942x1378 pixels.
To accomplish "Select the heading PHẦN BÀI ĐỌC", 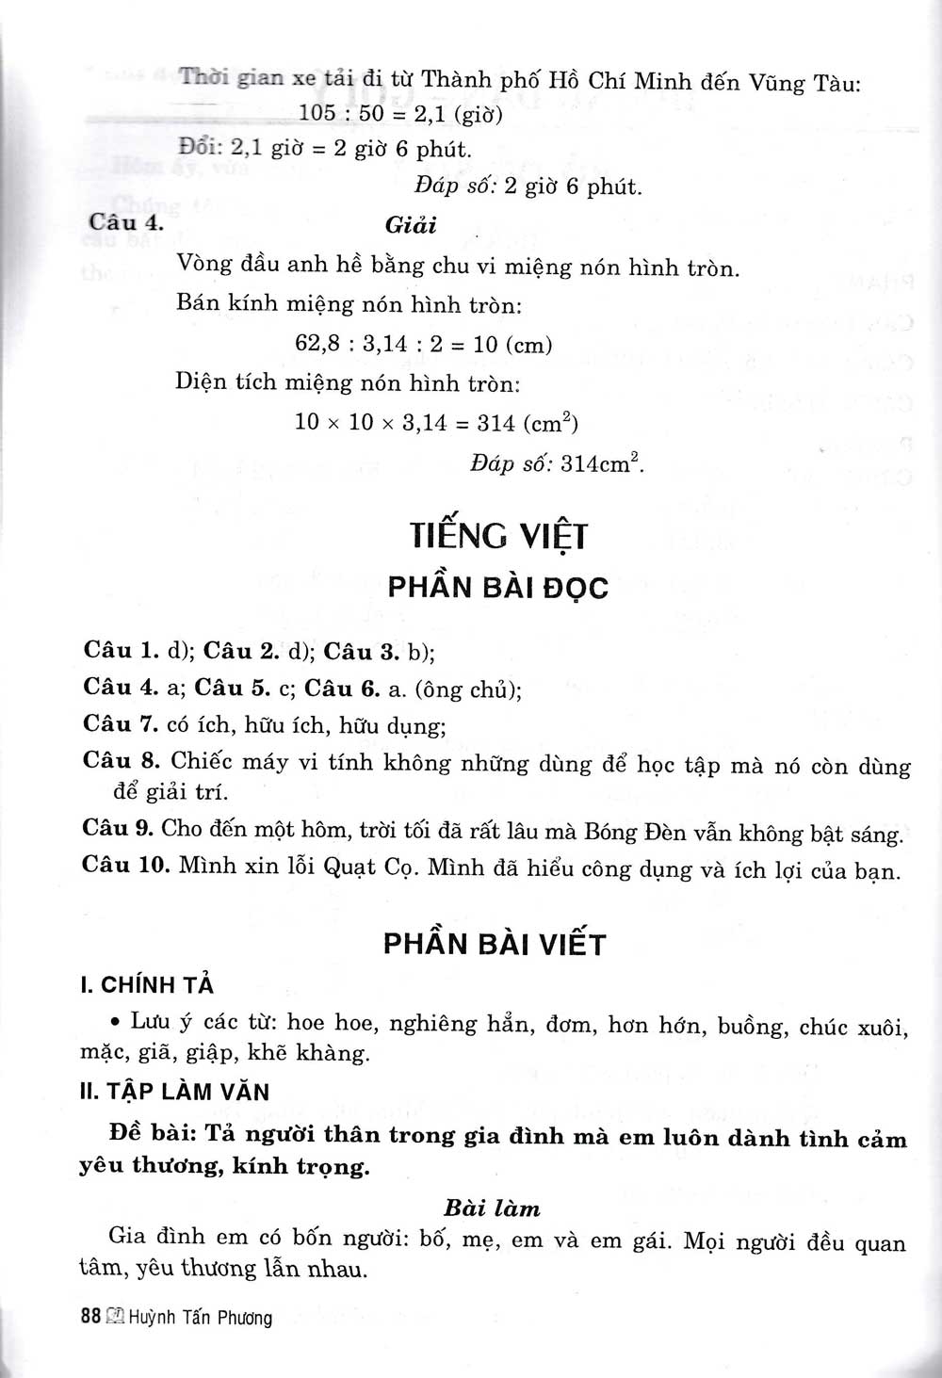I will coord(498,588).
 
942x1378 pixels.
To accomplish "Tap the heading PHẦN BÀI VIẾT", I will coord(494,945).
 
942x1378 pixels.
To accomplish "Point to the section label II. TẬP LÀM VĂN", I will coord(175,1093).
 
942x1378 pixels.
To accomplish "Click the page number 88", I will coord(90,1318).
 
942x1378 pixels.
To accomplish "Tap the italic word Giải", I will coord(411,226).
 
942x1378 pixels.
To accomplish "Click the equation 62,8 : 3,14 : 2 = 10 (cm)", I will coord(423,344).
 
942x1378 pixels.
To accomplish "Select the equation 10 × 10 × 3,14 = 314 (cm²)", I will coord(435,423).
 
